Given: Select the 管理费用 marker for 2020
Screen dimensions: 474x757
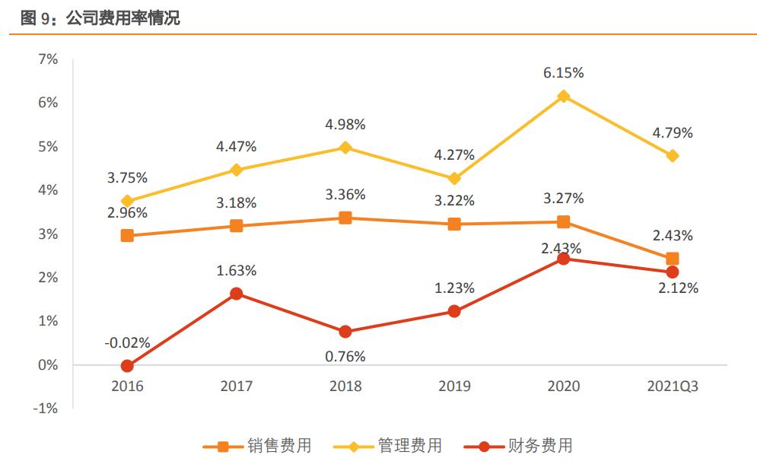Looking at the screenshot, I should pos(564,97).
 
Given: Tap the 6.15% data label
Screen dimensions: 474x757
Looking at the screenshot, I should pos(564,73).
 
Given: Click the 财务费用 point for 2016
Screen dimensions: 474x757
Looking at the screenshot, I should pos(127,366).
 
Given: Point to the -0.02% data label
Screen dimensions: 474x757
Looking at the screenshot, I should pos(127,343).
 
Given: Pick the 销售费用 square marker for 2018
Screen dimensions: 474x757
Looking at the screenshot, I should pos(345,218).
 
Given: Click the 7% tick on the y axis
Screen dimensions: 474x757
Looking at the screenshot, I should pos(48,59).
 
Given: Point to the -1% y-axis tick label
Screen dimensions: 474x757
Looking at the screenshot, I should pos(46,409).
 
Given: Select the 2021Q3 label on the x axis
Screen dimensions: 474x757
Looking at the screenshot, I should pos(672,387).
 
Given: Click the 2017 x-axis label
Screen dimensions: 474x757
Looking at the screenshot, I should pos(236,387).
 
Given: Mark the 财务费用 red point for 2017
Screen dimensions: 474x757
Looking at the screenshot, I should pos(236,294).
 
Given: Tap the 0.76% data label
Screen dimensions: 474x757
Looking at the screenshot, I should pos(345,356).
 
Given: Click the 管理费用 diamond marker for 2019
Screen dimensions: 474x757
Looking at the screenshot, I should pos(454,179).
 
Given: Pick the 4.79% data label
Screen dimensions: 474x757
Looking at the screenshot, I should pos(673,133).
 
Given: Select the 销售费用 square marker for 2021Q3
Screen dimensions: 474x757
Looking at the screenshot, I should pos(673,259).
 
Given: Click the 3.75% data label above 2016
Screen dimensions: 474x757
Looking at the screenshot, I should pos(127,178).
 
